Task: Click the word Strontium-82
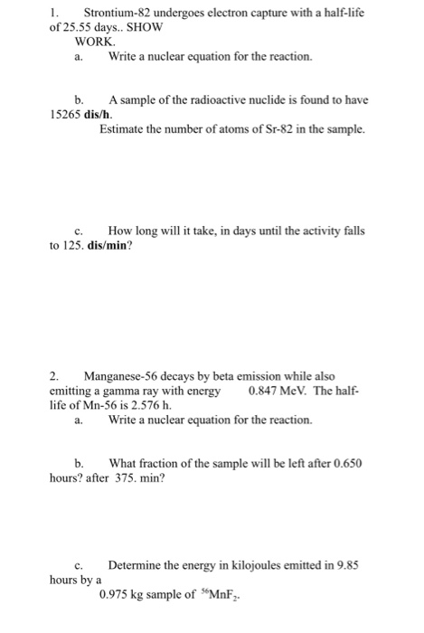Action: pyautogui.click(x=117, y=13)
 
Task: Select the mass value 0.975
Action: pyautogui.click(x=118, y=594)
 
